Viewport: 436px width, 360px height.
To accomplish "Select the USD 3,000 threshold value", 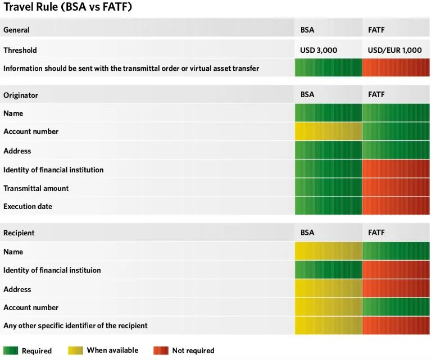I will tap(319, 51).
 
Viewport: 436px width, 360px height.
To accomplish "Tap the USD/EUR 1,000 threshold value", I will tap(394, 51).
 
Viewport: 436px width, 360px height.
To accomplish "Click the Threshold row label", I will tap(20, 51).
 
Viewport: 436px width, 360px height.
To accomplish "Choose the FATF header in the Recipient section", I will tap(376, 233).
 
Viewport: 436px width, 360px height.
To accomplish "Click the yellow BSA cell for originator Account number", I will tap(328, 132).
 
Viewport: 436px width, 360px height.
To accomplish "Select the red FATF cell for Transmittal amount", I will tap(396, 188).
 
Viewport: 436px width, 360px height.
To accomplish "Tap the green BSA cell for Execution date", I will tap(328, 206).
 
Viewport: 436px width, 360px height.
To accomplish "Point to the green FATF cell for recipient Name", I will tap(396, 252).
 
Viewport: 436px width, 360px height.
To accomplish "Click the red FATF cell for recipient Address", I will tap(396, 289).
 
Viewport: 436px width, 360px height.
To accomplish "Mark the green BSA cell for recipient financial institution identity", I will tap(328, 270).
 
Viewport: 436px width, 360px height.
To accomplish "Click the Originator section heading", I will tap(21, 95).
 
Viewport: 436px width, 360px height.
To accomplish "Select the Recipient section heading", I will tap(19, 233).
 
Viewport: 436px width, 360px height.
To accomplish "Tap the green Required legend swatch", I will tap(11, 351).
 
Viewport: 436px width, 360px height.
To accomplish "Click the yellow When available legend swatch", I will tap(75, 351).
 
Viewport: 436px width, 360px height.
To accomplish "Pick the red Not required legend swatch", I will tap(161, 351).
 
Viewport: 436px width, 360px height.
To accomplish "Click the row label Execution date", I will tap(28, 206).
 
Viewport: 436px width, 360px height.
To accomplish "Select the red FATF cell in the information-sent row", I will tap(396, 69).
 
